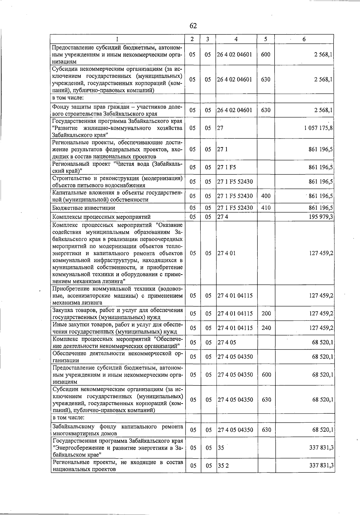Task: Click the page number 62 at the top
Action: (193, 26)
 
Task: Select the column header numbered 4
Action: (236, 39)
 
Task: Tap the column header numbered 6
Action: (304, 39)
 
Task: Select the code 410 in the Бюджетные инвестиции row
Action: (266, 208)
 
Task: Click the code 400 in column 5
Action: (266, 196)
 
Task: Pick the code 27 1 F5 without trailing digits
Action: (226, 167)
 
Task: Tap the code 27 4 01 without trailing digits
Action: (226, 253)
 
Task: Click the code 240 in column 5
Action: (266, 328)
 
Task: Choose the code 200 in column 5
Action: (266, 314)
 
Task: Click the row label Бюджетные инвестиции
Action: (84, 208)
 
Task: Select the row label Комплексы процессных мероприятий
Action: (101, 217)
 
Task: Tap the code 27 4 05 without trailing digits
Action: (227, 342)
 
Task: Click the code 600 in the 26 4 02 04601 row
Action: (266, 55)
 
